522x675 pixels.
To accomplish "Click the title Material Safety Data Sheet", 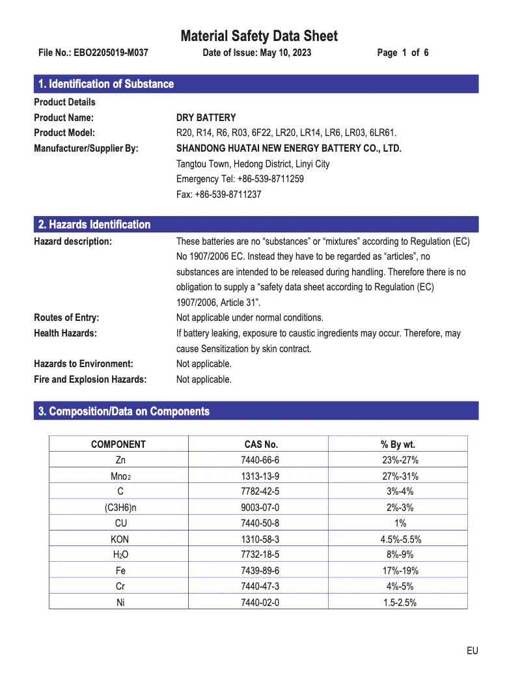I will [x=259, y=36].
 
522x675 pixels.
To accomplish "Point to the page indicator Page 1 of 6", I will [x=403, y=53].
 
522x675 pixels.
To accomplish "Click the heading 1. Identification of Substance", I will [x=106, y=84].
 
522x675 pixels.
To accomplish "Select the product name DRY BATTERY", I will [x=206, y=118].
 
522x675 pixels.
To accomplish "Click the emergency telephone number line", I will [x=240, y=179].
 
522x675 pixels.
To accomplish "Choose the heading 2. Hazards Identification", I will [x=94, y=225].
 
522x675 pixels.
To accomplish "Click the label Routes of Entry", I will [x=66, y=318].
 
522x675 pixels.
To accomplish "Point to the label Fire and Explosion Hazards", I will [x=90, y=379].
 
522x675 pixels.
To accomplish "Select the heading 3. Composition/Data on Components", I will [x=124, y=411].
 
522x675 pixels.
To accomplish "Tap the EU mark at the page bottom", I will [x=472, y=651].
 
